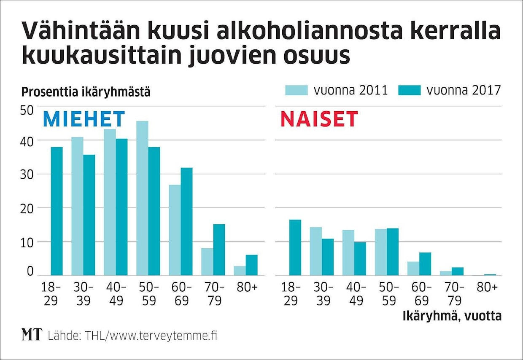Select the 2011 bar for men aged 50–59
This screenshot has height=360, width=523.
coord(142,198)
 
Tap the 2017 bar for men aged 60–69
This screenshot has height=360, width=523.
coord(187,221)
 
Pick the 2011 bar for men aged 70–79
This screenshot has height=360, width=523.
coord(207,262)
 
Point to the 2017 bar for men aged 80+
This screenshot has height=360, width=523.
coord(251,265)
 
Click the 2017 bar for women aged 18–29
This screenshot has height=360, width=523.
coord(295,247)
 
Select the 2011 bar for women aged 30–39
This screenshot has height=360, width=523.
coord(316,251)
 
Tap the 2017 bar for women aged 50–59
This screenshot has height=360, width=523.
coord(392,252)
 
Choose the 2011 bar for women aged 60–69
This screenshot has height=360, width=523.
coord(413,269)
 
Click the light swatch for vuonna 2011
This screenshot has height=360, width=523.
coord(297,90)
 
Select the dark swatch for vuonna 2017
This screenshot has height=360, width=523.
coord(409,90)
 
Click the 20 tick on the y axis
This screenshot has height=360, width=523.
coord(27,208)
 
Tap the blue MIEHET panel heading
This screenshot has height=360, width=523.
coord(84,119)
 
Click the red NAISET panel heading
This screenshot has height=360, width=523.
coord(319,119)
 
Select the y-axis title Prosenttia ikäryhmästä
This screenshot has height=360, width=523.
coord(86,91)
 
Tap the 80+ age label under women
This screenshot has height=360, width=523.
coord(487,288)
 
